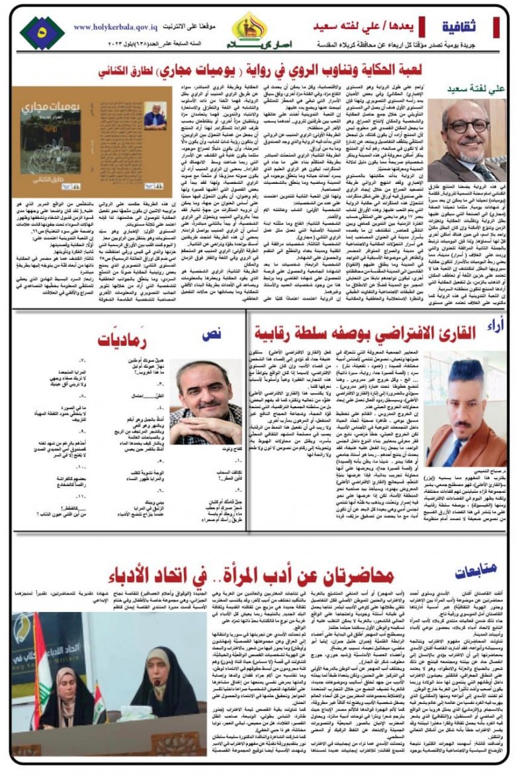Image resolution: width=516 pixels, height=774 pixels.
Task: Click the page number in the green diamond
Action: [43, 30]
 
